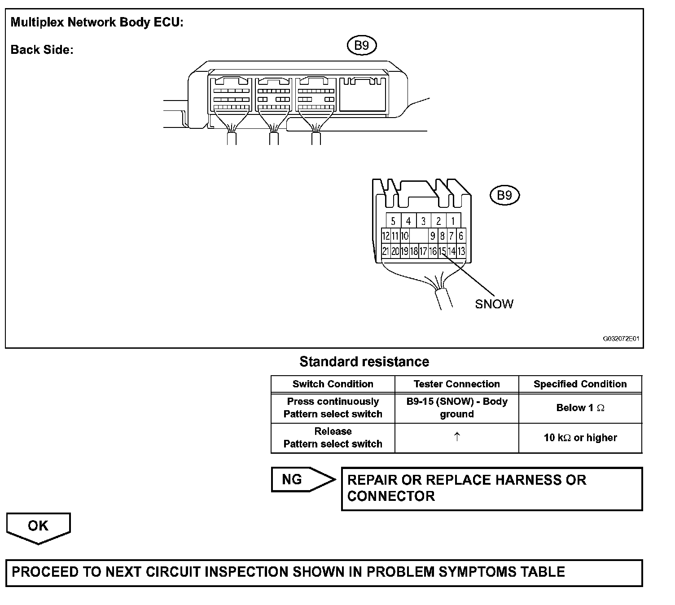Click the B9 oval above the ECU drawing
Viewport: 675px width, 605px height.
coord(362,45)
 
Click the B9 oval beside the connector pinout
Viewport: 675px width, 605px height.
coord(504,195)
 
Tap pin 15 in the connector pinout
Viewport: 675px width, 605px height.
coord(442,251)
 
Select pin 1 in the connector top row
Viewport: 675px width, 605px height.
coord(453,221)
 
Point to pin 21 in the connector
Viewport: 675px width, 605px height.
coord(385,251)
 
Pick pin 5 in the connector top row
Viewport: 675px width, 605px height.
coord(393,221)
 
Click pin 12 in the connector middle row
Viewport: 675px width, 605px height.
coord(386,236)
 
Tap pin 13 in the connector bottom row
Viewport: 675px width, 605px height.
coord(461,251)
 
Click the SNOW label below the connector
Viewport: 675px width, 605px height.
coord(494,304)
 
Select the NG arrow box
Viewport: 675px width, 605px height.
coord(301,480)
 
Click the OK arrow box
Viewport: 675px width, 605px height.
coord(38,527)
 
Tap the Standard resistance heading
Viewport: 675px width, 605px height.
coord(364,362)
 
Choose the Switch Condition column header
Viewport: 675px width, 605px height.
coord(333,384)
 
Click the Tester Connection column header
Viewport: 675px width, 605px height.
coord(456,384)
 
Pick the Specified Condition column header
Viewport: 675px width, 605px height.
coord(580,384)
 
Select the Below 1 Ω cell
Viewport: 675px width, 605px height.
coord(580,408)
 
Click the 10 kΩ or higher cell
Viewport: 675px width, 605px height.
coord(580,438)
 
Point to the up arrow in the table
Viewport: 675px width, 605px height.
coord(457,437)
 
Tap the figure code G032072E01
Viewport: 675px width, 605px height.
coord(620,339)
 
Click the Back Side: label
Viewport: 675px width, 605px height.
coord(42,50)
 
